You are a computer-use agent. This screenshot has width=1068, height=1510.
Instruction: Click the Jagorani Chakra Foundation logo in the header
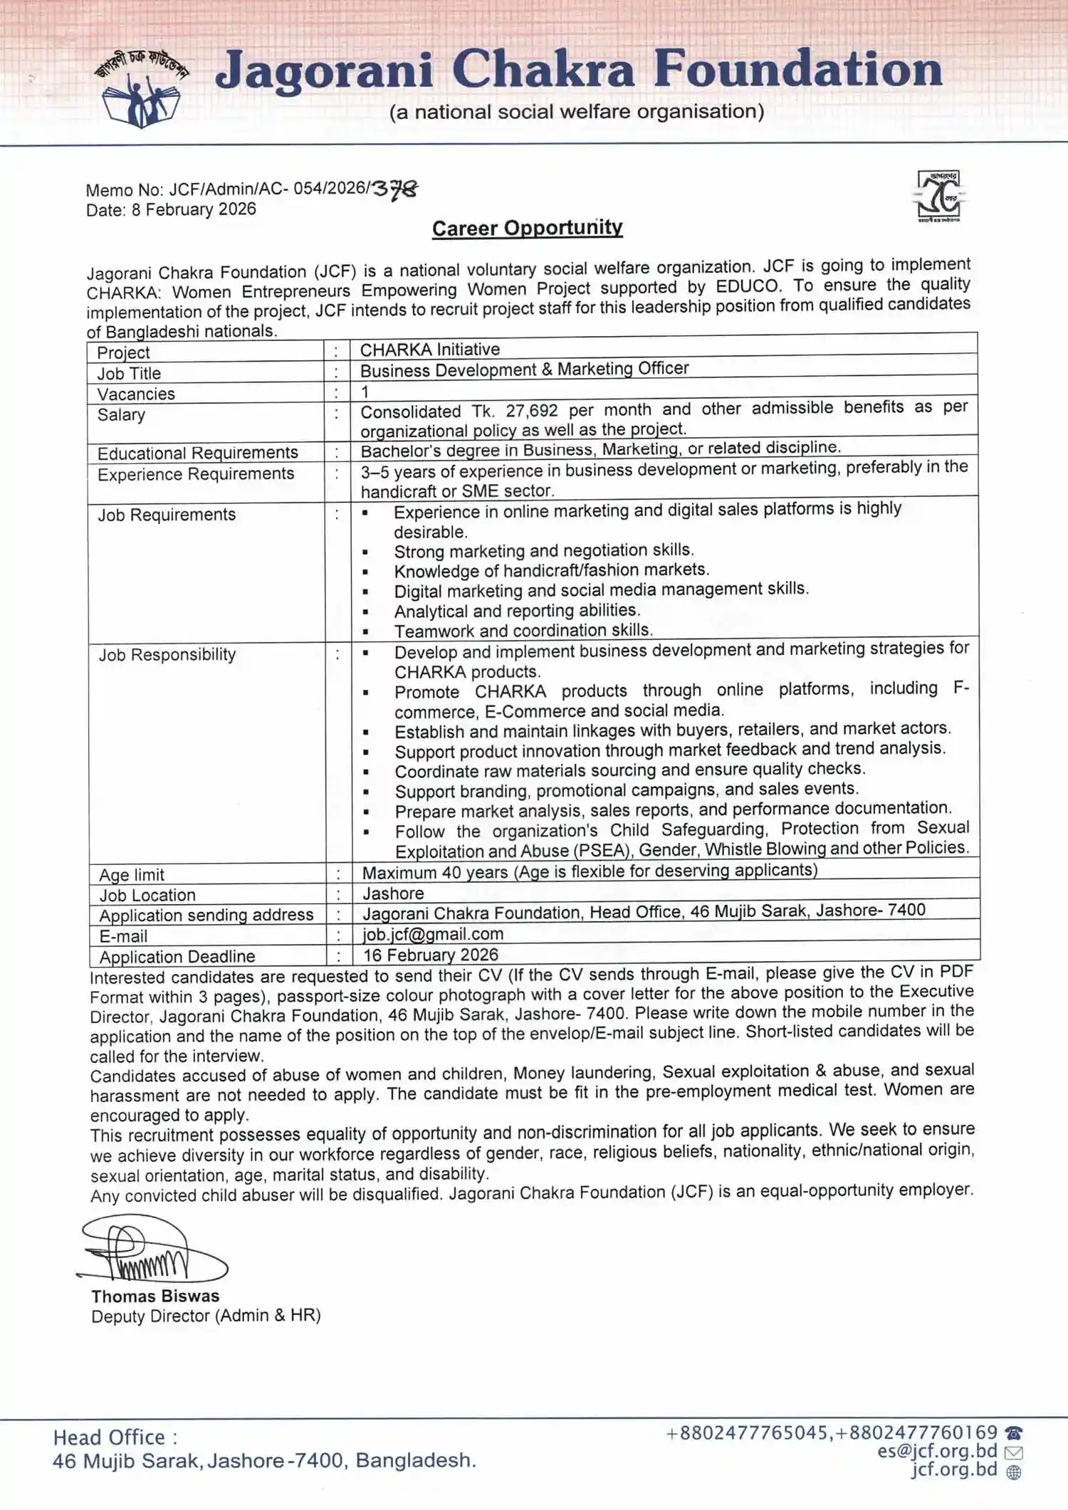tap(142, 90)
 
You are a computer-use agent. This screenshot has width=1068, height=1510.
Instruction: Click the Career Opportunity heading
tap(527, 228)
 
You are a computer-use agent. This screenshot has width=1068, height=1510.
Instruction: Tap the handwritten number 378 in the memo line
tap(395, 189)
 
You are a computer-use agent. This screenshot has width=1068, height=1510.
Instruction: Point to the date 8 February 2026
tap(194, 209)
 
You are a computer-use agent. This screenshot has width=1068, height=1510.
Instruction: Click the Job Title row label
tap(129, 373)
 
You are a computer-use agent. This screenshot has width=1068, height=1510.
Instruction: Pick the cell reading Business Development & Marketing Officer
tap(524, 369)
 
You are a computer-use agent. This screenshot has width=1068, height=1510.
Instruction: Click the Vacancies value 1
tap(365, 392)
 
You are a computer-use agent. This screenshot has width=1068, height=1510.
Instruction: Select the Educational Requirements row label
tap(197, 453)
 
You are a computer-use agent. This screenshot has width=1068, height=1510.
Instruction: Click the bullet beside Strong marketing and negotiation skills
tap(365, 552)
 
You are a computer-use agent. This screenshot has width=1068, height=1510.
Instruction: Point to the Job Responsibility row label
tap(167, 654)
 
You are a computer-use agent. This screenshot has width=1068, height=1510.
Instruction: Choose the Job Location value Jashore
tap(393, 893)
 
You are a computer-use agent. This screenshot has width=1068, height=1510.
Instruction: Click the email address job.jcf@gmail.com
tap(433, 934)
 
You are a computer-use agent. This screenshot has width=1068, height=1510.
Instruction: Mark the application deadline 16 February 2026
tap(430, 955)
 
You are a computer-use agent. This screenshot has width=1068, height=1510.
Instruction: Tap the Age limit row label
tap(132, 874)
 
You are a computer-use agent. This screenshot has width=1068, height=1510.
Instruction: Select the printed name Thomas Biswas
tap(155, 1296)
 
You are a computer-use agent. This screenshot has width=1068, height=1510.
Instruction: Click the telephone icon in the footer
tap(1014, 1432)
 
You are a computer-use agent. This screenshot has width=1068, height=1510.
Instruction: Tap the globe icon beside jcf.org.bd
tap(1014, 1472)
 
